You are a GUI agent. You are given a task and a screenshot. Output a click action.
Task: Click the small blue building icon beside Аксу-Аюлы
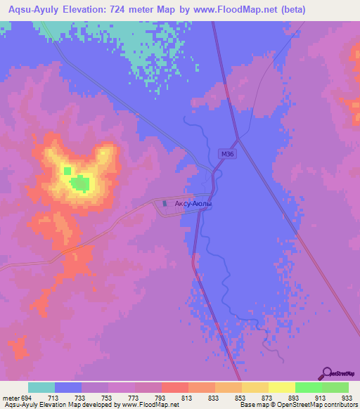coord(165,204)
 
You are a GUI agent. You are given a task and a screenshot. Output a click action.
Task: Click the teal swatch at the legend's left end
coord(41,387)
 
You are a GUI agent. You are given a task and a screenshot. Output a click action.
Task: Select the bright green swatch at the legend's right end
coord(335,387)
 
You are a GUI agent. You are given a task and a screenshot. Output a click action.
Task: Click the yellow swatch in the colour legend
coord(281,387)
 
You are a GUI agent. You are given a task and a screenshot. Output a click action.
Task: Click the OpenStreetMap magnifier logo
coord(326,372)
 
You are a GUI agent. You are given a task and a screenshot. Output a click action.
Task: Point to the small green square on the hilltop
coord(67,171)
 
